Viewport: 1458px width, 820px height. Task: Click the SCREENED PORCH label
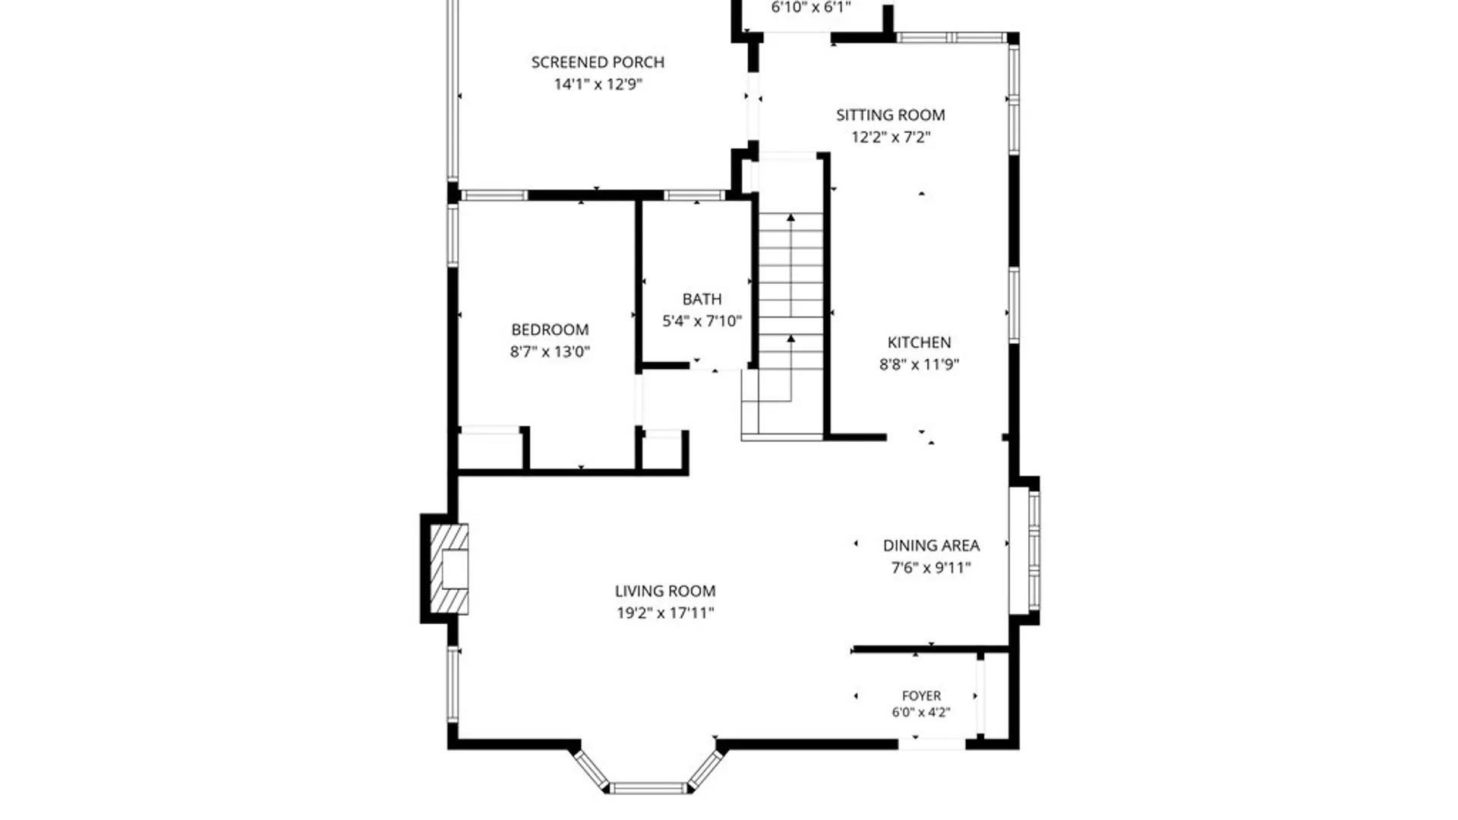click(x=598, y=62)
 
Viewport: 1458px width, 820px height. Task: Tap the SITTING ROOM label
click(x=891, y=115)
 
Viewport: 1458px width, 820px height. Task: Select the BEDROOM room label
click(x=550, y=330)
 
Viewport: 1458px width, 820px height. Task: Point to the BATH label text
click(x=702, y=299)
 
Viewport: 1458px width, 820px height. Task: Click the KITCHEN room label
click(x=919, y=342)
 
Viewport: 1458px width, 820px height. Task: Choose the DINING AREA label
click(x=931, y=545)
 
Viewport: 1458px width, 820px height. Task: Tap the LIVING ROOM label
click(x=665, y=591)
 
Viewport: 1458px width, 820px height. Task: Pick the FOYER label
click(x=921, y=695)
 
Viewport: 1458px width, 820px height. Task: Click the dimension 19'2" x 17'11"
click(x=665, y=613)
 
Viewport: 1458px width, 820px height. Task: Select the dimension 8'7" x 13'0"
click(x=550, y=352)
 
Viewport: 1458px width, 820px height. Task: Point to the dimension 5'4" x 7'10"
click(x=702, y=321)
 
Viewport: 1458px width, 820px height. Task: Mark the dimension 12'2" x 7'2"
click(x=891, y=137)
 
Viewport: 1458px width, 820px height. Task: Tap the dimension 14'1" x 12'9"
click(x=598, y=84)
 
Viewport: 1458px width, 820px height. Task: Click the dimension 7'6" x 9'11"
click(x=931, y=567)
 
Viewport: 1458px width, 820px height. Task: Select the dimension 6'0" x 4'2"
click(x=921, y=712)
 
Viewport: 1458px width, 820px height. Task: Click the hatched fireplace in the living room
click(x=449, y=569)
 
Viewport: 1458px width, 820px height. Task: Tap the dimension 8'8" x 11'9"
click(x=919, y=364)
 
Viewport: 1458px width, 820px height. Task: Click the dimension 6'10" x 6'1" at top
click(x=811, y=8)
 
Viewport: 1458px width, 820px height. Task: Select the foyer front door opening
click(x=932, y=743)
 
